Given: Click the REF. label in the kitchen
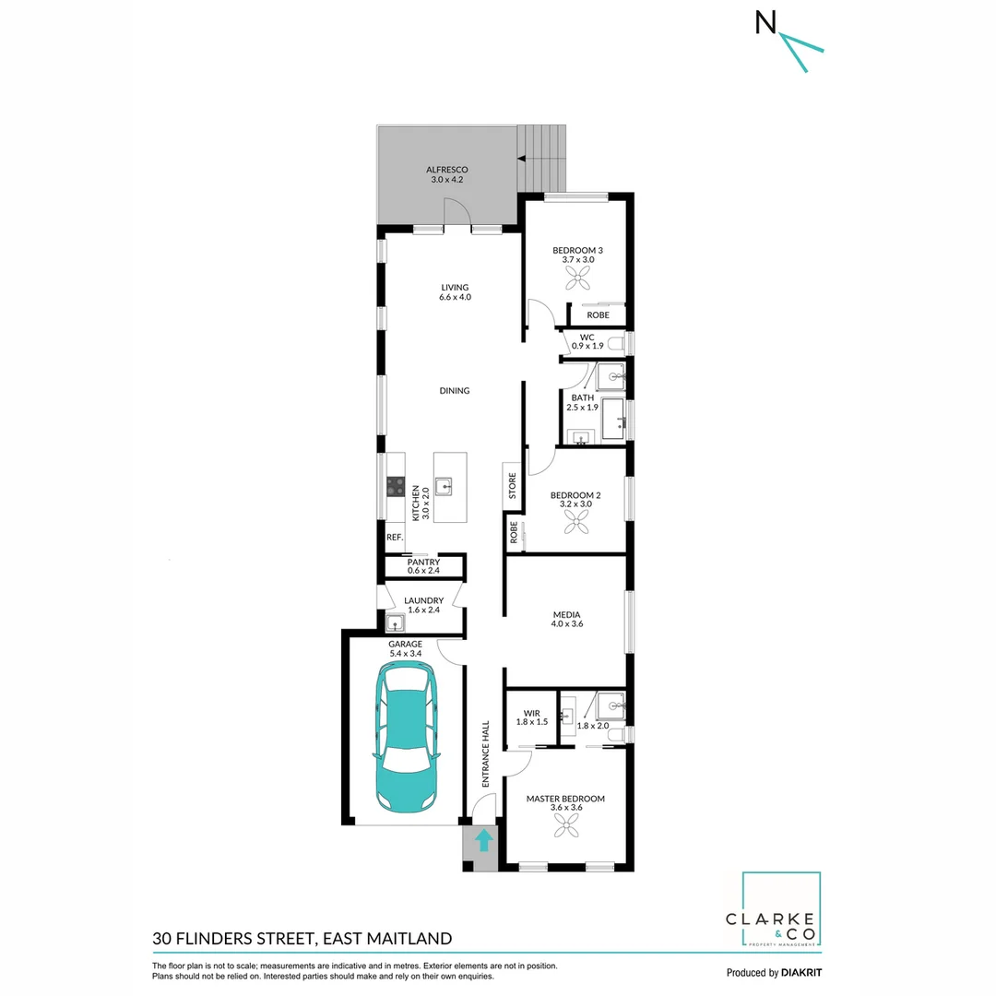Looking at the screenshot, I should (x=395, y=537).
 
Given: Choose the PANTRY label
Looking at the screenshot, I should (x=423, y=563).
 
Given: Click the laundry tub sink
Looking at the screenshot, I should (x=395, y=621).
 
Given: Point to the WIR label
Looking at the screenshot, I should (x=531, y=712).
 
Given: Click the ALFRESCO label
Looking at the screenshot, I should (x=447, y=170).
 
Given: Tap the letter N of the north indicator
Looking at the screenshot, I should (x=765, y=23).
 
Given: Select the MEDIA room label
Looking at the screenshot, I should (x=566, y=614).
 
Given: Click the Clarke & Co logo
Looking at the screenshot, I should (x=782, y=910).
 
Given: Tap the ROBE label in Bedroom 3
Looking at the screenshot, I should (x=598, y=315).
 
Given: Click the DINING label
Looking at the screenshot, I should (x=454, y=390).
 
